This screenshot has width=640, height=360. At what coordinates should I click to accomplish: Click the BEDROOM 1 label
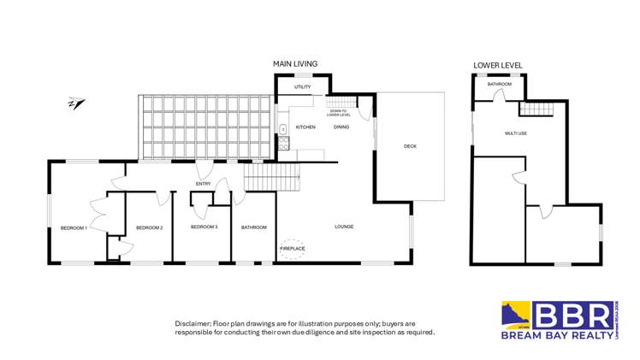(x=74, y=227)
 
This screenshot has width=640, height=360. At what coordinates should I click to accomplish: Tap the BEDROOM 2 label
(x=149, y=227)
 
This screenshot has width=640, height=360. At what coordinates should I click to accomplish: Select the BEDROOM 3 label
(x=204, y=227)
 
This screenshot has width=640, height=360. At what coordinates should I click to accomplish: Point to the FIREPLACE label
(x=293, y=248)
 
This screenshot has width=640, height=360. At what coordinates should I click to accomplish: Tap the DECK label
(x=410, y=146)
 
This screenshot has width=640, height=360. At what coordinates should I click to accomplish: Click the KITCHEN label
(x=305, y=127)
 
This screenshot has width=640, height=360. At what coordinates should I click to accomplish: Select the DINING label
(x=341, y=127)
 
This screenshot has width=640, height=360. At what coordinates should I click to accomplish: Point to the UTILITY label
(x=303, y=87)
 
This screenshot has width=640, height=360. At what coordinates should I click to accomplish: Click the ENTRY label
(x=203, y=183)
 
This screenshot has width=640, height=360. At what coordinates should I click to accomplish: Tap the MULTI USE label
(x=515, y=133)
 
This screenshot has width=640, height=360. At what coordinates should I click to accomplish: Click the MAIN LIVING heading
(x=295, y=64)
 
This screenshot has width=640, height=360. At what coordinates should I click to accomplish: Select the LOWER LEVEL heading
(x=498, y=65)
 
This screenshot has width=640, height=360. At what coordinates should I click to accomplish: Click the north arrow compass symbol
(x=75, y=104)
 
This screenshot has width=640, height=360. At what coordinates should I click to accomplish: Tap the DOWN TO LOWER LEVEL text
(x=338, y=112)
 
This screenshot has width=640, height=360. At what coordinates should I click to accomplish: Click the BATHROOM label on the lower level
(x=500, y=85)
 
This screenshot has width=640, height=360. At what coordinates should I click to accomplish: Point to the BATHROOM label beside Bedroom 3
(x=254, y=227)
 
